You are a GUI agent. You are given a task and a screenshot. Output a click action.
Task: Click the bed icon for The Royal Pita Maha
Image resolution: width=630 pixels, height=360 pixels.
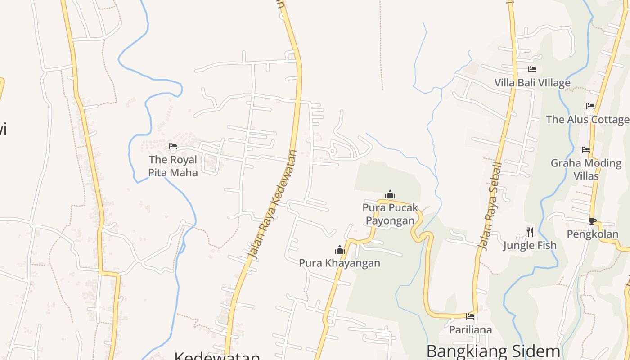[172, 146]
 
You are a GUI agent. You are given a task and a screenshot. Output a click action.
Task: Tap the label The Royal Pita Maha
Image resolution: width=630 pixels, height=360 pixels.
[173, 166]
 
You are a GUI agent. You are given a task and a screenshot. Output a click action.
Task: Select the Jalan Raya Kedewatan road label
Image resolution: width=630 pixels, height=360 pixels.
[273, 205]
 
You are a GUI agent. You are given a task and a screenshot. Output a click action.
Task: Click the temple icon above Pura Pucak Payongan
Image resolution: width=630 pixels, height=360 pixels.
[390, 194]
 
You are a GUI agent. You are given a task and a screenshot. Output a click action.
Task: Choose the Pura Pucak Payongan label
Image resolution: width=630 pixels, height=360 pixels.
[390, 214]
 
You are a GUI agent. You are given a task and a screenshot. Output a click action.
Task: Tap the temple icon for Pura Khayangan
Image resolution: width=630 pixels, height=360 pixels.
[339, 250]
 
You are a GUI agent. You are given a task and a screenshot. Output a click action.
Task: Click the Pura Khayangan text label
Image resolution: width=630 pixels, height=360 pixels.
[339, 263]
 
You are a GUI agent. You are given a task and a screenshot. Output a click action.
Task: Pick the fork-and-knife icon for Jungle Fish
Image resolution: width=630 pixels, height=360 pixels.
[530, 232]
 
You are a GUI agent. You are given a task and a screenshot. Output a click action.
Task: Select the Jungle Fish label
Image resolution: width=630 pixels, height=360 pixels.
[530, 245]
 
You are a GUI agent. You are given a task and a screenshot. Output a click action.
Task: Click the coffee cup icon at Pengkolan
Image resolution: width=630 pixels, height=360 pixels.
[593, 221]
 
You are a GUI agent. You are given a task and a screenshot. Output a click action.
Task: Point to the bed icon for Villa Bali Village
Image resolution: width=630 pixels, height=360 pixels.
[532, 69]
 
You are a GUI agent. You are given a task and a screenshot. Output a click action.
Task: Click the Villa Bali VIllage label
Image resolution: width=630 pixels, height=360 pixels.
[532, 83]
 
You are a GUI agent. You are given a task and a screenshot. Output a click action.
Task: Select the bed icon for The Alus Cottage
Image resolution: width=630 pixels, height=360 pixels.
[590, 107]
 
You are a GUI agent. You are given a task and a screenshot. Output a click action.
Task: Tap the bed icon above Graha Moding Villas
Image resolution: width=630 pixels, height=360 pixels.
[586, 149]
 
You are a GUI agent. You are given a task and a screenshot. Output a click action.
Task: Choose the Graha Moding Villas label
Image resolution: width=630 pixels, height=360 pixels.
[586, 169]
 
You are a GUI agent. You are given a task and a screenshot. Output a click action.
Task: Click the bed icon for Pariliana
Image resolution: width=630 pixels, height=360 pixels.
[470, 316]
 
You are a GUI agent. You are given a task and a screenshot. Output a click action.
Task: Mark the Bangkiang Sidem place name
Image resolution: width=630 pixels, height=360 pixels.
[493, 351]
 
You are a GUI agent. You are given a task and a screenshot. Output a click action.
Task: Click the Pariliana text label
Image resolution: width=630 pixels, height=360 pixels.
[470, 330]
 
